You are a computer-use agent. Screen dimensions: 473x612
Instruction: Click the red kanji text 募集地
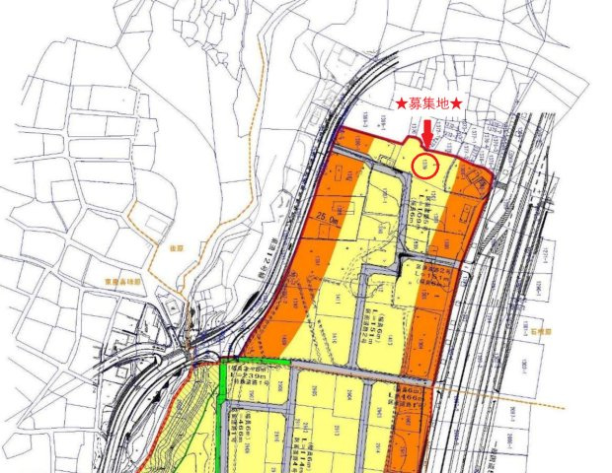click(x=430, y=103)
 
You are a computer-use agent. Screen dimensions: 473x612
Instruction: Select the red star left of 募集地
click(x=401, y=103)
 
